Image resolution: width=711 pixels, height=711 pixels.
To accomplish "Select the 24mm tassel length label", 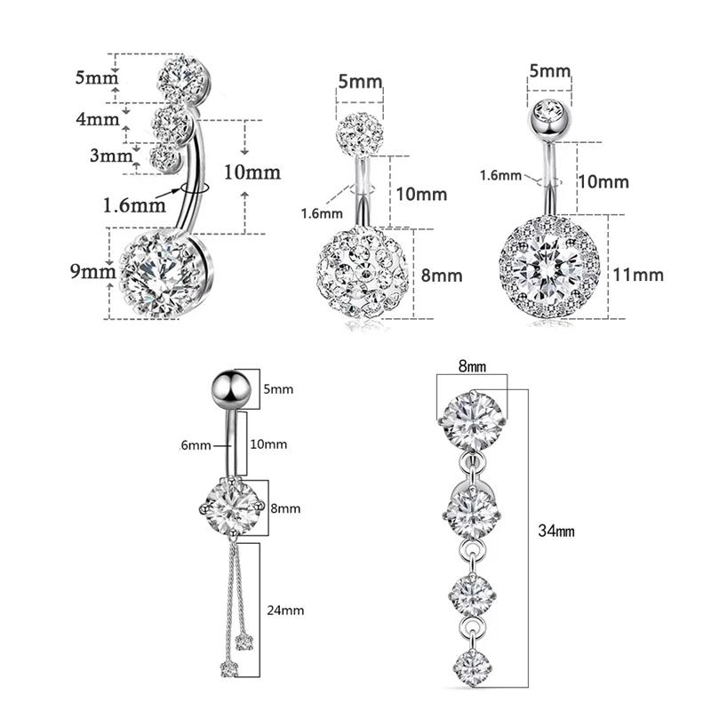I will pyautogui.click(x=286, y=610).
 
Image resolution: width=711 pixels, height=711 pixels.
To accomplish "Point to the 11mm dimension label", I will pyautogui.click(x=638, y=274).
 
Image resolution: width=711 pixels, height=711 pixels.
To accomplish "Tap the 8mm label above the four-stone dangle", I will pyautogui.click(x=472, y=365).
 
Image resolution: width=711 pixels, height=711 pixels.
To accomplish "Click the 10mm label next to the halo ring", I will pyautogui.click(x=603, y=182).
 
